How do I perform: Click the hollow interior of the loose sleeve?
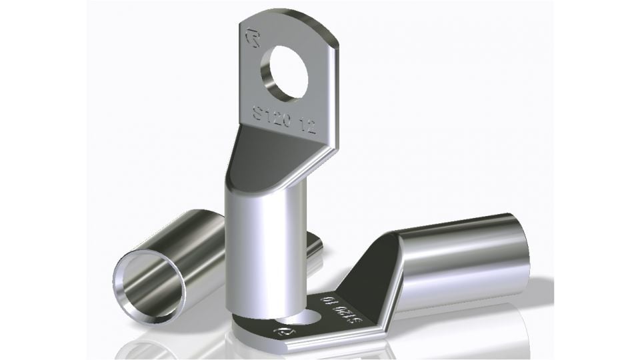150,283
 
